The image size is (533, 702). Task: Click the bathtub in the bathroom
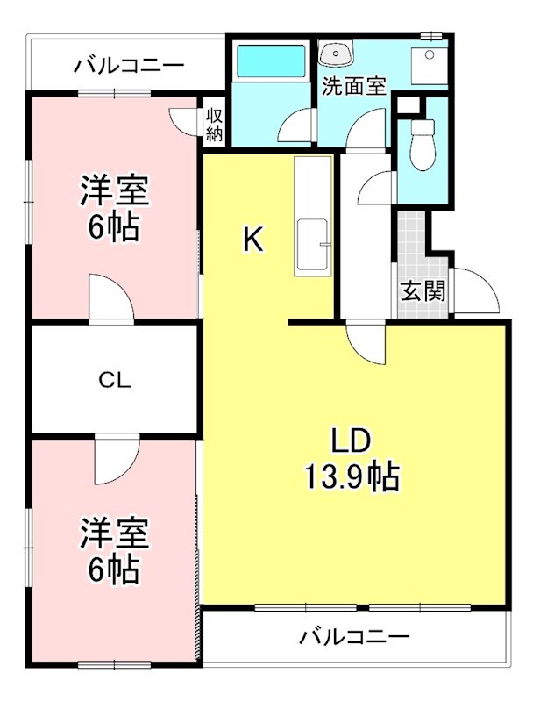click(271, 62)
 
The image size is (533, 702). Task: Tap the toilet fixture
click(422, 145)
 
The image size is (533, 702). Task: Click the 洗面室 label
click(354, 86)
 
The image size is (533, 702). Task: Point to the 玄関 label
click(423, 290)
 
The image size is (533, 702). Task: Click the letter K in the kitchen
click(252, 240)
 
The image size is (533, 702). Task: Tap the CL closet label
click(115, 380)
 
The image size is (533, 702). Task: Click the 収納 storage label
click(214, 124)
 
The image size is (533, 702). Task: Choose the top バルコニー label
click(129, 65)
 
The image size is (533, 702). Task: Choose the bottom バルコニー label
click(353, 635)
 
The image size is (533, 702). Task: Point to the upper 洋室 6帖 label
click(114, 209)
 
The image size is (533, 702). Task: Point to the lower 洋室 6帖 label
click(114, 551)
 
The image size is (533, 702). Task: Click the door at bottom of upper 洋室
click(110, 299)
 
